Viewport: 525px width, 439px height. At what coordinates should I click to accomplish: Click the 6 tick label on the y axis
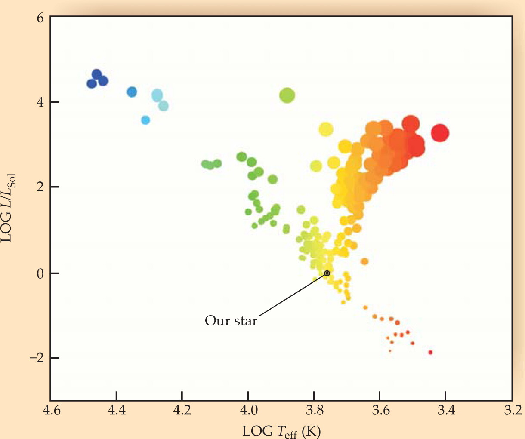[x=40, y=18]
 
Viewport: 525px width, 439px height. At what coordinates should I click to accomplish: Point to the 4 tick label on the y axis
[x=40, y=102]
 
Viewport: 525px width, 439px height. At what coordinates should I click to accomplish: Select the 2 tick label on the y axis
[x=40, y=187]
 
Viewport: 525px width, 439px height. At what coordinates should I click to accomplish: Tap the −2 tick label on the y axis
[x=37, y=358]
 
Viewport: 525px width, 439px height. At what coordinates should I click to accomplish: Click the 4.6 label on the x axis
[x=52, y=410]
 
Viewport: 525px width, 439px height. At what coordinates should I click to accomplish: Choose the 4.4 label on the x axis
[x=117, y=410]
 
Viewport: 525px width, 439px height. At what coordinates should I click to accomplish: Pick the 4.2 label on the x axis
[x=182, y=410]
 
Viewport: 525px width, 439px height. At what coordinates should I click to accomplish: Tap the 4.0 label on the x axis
[x=248, y=410]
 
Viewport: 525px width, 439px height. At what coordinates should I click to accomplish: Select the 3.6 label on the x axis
[x=380, y=410]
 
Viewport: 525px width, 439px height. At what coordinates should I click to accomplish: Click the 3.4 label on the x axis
[x=446, y=410]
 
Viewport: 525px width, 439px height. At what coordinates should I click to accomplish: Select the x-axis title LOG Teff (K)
[x=281, y=431]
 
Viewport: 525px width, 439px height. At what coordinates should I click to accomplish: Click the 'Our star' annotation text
[x=231, y=321]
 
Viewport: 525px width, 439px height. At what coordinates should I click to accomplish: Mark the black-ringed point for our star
[x=327, y=273]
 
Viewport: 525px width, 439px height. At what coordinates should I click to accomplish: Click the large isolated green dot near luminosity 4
[x=287, y=95]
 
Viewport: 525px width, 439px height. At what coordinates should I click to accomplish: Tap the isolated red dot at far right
[x=440, y=133]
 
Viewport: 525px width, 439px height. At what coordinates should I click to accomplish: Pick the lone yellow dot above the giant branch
[x=326, y=130]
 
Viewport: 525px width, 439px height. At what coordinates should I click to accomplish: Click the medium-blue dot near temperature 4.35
[x=132, y=92]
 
